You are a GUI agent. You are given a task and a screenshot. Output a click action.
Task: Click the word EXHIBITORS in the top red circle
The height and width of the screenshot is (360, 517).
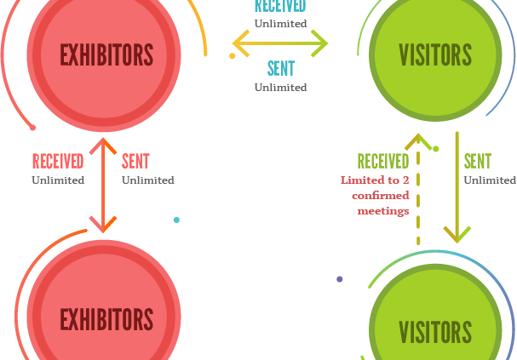(x=106, y=54)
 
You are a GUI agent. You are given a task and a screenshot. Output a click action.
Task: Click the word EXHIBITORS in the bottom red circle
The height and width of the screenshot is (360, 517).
(x=106, y=319)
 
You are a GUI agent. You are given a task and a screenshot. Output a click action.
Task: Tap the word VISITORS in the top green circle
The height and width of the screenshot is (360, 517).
(x=435, y=54)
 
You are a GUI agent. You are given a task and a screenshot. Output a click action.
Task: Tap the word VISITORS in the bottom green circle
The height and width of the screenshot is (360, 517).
(x=435, y=332)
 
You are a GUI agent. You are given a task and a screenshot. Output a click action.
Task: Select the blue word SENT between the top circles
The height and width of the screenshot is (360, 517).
(x=281, y=68)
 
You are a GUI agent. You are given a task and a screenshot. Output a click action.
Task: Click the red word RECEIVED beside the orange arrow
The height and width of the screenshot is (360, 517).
(x=58, y=162)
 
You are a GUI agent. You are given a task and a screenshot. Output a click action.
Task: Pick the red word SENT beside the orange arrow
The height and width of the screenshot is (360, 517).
(x=135, y=162)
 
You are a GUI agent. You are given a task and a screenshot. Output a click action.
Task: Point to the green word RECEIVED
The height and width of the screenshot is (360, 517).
(x=383, y=162)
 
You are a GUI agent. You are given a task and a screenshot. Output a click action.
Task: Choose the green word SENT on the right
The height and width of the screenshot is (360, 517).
(x=478, y=162)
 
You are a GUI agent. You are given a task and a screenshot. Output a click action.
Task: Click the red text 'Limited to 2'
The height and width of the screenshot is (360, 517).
(x=375, y=180)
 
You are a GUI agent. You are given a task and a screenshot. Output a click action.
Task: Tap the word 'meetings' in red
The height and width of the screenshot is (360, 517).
(x=383, y=211)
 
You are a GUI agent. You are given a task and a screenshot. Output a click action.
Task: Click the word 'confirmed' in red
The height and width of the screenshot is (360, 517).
(x=381, y=196)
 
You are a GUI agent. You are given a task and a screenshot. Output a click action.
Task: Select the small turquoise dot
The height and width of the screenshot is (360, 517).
(x=176, y=220)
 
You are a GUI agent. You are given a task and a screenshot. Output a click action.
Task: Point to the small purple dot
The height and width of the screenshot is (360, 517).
(x=340, y=279)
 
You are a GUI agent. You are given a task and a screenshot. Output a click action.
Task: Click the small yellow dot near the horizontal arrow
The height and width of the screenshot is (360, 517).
(x=233, y=56)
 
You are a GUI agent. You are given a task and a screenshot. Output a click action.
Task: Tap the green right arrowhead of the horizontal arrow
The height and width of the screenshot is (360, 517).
(x=320, y=43)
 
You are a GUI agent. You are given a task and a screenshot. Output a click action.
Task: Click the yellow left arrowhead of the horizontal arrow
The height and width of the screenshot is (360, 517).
(x=241, y=43)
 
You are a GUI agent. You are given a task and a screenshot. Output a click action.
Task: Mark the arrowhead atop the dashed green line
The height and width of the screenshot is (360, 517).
(x=418, y=141)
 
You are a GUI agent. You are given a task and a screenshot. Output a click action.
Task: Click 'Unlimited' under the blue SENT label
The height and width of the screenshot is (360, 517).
(x=280, y=88)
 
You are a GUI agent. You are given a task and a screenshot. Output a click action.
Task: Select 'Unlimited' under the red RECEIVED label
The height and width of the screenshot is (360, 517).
(x=58, y=180)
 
